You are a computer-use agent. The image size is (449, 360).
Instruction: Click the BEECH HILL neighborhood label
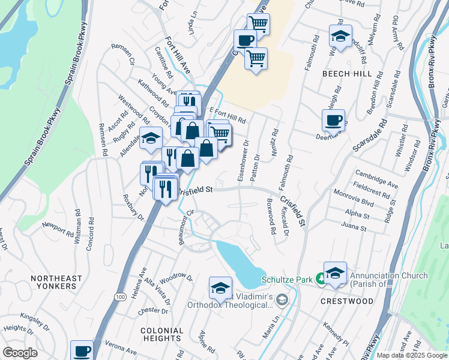[352, 74]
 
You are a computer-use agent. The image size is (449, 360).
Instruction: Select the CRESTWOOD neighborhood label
[348, 301]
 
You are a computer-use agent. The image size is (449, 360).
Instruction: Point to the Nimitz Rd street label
[275, 143]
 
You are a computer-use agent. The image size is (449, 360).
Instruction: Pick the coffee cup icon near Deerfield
[333, 119]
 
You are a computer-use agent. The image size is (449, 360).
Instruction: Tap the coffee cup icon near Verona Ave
[82, 350]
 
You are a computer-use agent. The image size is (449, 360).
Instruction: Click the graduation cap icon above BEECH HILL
[340, 35]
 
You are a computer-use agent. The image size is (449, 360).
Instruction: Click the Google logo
[20, 353]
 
